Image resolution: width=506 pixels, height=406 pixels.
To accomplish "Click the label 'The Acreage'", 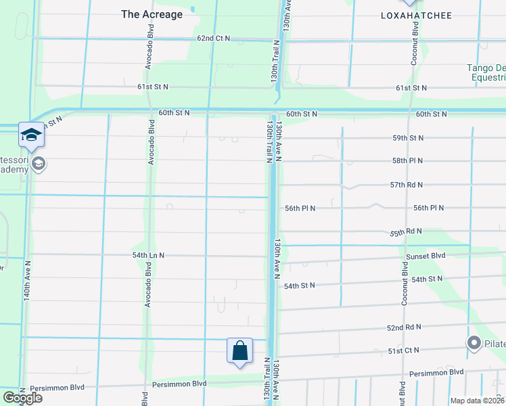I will tap(152, 14).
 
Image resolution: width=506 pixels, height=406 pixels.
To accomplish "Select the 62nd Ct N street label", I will tap(214, 39).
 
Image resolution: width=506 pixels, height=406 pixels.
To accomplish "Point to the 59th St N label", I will tap(408, 138).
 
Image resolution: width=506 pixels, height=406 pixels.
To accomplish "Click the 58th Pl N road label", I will tap(408, 161).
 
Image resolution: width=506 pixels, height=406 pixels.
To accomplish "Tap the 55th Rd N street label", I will tap(406, 232).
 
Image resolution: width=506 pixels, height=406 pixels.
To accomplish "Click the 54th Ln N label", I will tap(148, 256).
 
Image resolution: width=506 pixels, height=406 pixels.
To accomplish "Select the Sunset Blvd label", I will tap(425, 256).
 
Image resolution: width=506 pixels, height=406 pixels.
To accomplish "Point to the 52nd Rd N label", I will tap(405, 327).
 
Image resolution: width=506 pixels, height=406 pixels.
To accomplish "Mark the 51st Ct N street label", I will tap(403, 351).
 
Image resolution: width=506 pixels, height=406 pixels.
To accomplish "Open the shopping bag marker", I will tap(239, 351).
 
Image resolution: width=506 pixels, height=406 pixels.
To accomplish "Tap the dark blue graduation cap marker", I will tap(31, 136).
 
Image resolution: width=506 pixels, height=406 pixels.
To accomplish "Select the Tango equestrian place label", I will tap(486, 72).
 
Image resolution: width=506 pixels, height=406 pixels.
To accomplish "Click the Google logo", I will tap(22, 398).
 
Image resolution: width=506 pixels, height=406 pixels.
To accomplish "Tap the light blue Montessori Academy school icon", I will tap(39, 164).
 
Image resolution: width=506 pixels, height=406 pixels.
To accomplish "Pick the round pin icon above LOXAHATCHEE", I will tap(410, 2).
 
